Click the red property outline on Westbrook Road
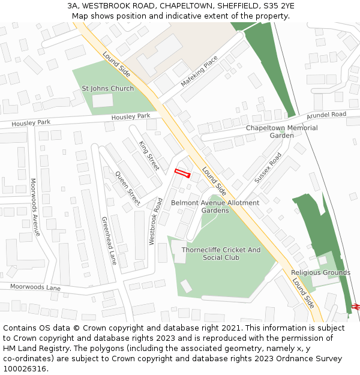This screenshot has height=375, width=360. pos(182,173)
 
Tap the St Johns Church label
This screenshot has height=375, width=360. pos(108,89)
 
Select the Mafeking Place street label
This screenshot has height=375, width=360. pos(200,71)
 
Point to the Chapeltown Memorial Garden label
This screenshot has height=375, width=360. pos(281,131)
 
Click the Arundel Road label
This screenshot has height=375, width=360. pos(326,115)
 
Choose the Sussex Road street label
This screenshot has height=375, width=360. pos(268,168)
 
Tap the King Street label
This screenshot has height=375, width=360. pos(149,155)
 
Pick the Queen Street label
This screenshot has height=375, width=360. pos(127,187)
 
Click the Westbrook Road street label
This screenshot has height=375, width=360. pos(155,221)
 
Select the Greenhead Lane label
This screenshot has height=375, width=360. pos(109,241)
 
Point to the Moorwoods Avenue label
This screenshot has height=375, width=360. pos(35,207)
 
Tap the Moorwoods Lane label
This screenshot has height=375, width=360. pos(35,287)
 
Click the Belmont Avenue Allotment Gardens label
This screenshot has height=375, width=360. pos(215,206)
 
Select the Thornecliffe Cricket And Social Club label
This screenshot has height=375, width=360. pos(221,253)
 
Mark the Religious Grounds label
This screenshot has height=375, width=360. pos(320,273)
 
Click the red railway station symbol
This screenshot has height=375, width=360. pos(355,306)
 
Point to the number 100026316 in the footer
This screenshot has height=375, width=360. pos(25,369)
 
